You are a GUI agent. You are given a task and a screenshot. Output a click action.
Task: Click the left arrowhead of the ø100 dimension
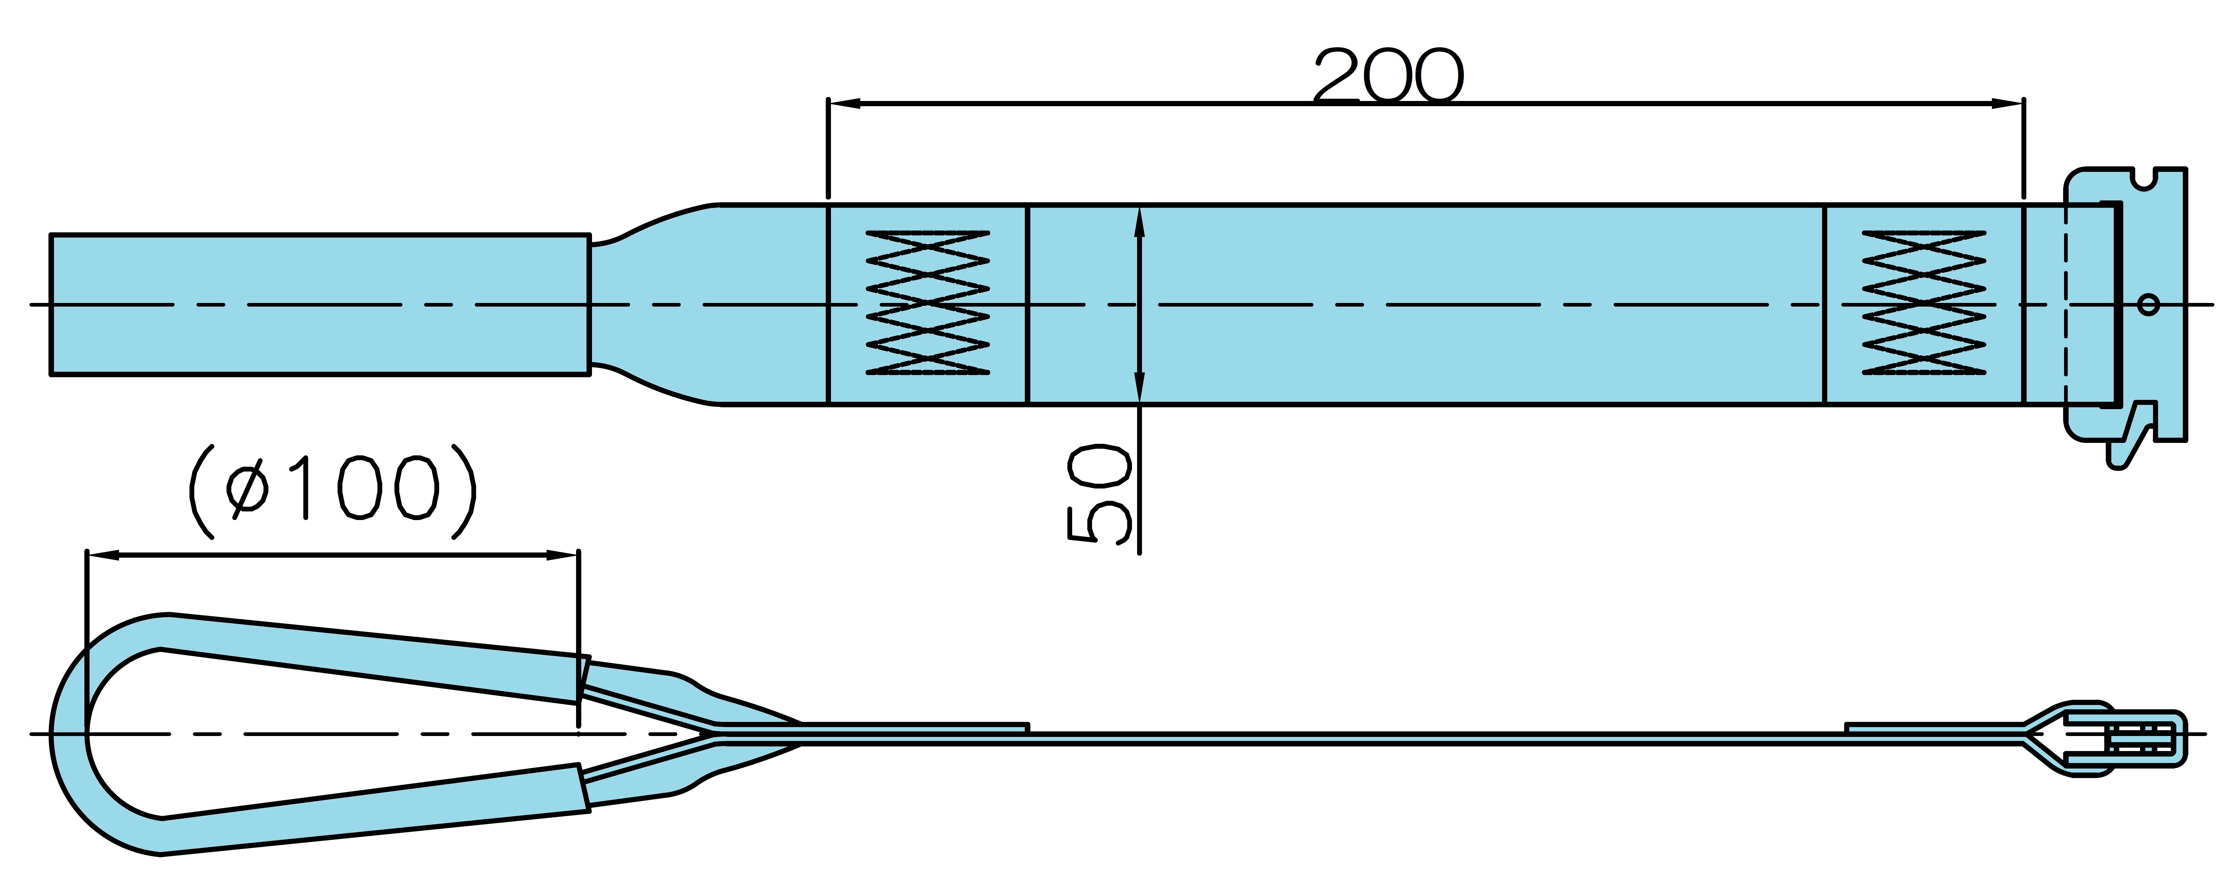102,555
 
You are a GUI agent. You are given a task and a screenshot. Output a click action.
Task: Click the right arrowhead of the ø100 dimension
562,555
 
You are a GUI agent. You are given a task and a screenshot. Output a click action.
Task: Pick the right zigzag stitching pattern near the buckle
1924,303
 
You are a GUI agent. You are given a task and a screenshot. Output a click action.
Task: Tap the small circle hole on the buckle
2148,304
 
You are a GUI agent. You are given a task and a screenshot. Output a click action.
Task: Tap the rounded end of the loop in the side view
69,734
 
